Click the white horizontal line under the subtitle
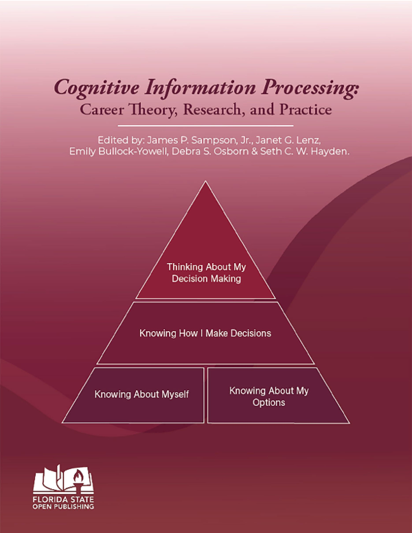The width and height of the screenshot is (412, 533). coord(206,126)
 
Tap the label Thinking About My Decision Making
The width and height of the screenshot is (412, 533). coord(206,273)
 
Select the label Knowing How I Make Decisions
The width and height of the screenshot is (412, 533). coord(205,333)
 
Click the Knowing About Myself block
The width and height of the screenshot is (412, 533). coord(141,395)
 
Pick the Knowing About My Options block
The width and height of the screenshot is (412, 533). coord(269,396)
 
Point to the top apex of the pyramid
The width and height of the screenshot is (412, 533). coord(206,183)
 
